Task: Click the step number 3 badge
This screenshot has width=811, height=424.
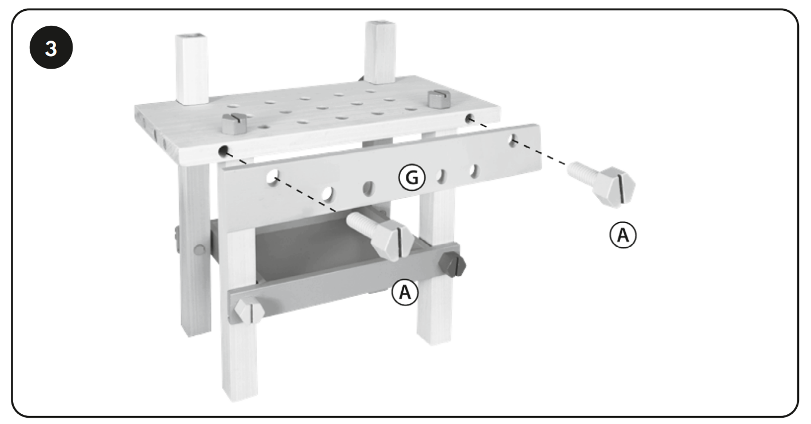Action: pos(51,49)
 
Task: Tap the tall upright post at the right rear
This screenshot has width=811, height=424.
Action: pos(378,51)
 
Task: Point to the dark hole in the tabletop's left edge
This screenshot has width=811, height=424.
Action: pos(224,152)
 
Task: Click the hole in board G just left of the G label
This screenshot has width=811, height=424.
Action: pos(369,187)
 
